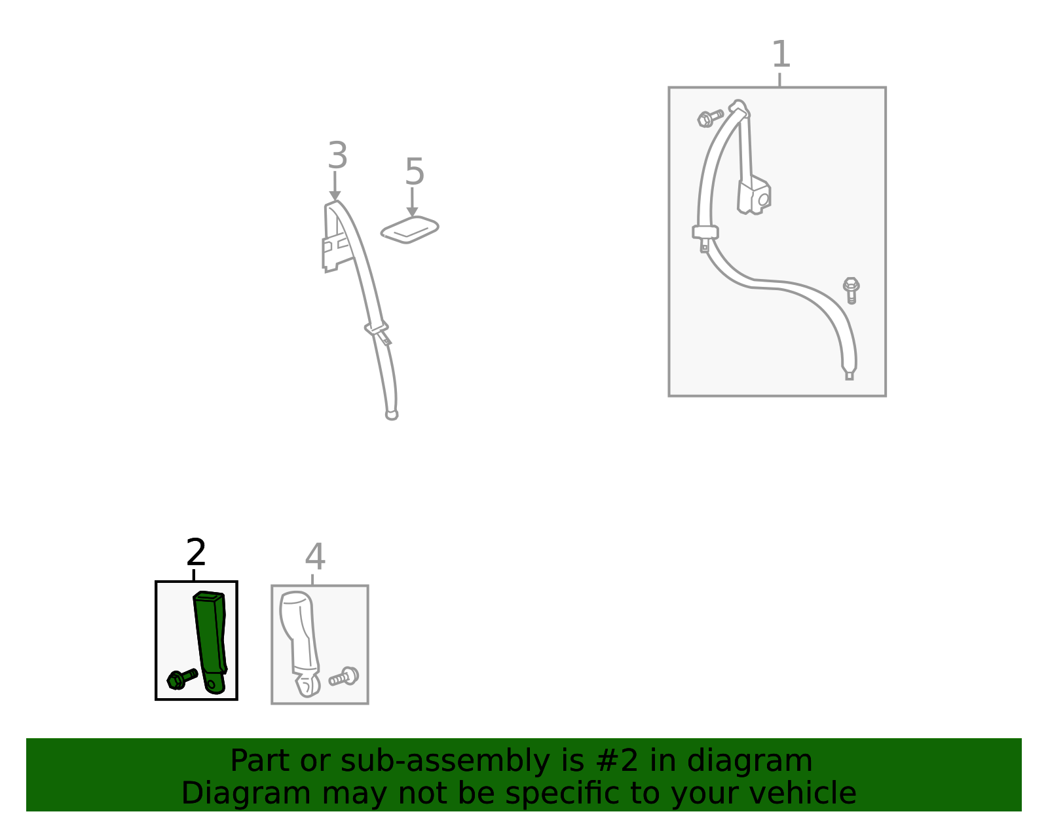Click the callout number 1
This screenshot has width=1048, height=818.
(x=781, y=54)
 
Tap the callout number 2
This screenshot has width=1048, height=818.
(x=196, y=552)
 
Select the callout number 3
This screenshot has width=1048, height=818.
(x=337, y=155)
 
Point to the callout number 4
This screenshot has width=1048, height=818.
(x=315, y=557)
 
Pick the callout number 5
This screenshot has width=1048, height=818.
(x=415, y=172)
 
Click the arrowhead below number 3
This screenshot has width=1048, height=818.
(x=335, y=196)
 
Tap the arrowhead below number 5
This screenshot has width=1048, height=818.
(x=412, y=212)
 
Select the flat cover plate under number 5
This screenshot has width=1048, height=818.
(x=410, y=230)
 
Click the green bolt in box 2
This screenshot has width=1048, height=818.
(x=182, y=679)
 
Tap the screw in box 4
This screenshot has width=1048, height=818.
(x=344, y=677)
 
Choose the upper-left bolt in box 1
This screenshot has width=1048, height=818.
(x=711, y=118)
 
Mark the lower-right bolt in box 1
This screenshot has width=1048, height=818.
(x=851, y=290)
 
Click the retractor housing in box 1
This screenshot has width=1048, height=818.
(x=755, y=196)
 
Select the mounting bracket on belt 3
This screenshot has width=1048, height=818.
(x=336, y=252)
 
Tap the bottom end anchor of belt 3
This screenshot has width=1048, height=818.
(x=392, y=415)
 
